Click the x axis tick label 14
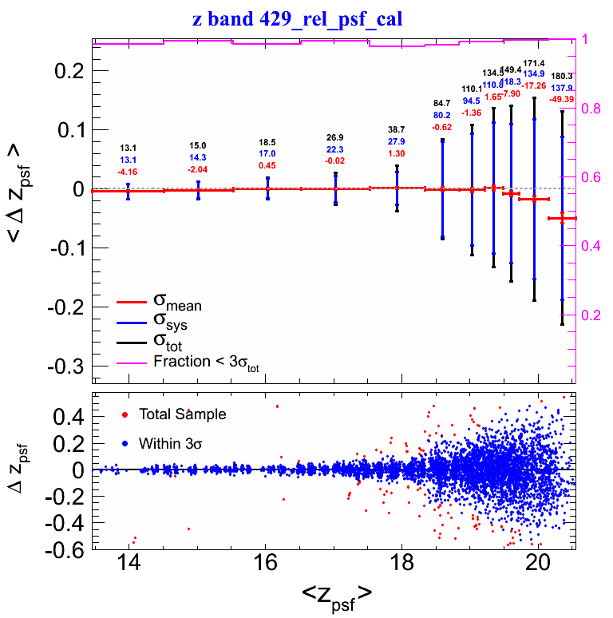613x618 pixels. (128, 562)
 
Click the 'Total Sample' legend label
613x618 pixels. (182, 414)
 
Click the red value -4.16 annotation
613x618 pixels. (128, 172)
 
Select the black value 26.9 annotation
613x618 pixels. (335, 137)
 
